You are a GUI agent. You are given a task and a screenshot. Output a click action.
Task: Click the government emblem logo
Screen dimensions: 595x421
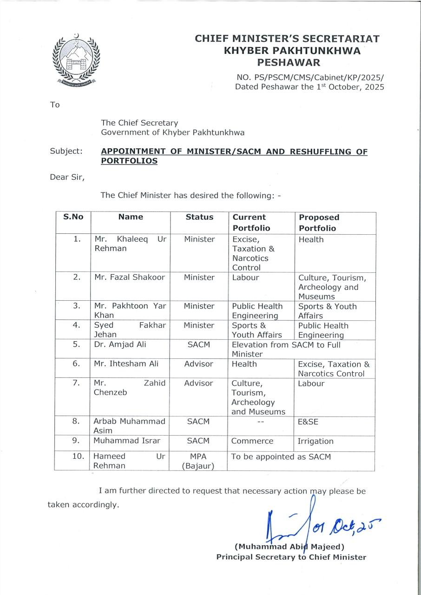75,60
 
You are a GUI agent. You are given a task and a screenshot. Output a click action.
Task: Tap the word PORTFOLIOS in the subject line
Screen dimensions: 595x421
129,161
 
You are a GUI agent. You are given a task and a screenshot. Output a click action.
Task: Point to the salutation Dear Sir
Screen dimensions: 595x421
67,177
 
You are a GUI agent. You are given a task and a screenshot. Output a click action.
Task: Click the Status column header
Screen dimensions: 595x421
199,217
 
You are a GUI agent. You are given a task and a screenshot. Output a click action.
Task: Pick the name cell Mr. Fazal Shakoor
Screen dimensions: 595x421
130,278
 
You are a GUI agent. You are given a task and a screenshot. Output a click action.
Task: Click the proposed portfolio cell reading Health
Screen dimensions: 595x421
311,239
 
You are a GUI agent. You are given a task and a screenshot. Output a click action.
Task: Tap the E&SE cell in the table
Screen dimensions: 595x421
308,422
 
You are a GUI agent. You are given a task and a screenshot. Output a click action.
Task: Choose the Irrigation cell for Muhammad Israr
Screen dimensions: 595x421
316,441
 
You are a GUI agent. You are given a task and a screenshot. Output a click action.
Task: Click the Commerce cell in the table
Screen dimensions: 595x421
252,441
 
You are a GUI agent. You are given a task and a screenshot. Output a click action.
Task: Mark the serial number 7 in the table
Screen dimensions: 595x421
77,383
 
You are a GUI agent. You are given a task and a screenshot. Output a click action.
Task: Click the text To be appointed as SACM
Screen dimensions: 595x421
281,456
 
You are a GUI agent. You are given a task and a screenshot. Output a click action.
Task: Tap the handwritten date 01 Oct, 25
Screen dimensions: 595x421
346,526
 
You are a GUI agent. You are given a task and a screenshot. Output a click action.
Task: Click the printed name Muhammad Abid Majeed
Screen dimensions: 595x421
289,547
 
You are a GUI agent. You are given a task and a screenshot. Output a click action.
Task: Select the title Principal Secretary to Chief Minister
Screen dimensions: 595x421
291,557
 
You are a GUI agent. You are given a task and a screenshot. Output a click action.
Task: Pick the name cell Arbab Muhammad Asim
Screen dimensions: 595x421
129,426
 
